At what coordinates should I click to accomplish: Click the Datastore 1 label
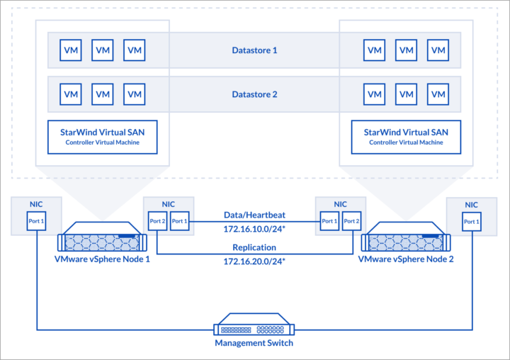coord(254,50)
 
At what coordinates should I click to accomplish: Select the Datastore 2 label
coord(254,94)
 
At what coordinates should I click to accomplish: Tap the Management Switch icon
coord(254,324)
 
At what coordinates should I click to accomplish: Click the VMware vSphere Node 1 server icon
coord(102,237)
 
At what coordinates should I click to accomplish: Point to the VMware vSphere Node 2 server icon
coord(406,237)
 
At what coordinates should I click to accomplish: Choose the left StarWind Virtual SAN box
coord(103,137)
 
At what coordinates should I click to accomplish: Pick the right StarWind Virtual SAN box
coord(406,137)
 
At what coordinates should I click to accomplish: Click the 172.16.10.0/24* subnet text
coord(254,229)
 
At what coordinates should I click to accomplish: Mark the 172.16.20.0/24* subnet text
coord(254,261)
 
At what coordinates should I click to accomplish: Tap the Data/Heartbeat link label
coord(254,215)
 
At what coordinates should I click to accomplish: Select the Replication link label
coord(254,247)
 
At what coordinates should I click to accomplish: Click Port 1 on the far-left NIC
coord(36,221)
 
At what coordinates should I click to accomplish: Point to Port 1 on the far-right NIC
coord(472,222)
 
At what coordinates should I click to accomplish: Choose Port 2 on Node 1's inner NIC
coord(157,221)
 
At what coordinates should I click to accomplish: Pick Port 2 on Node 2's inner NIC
coord(351,221)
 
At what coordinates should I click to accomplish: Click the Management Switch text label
coord(254,343)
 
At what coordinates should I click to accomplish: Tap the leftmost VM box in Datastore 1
coord(71,50)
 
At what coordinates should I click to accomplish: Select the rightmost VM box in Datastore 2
coord(438,94)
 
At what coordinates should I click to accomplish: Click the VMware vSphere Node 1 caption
coord(102,259)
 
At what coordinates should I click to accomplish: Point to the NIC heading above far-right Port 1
coord(471,205)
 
